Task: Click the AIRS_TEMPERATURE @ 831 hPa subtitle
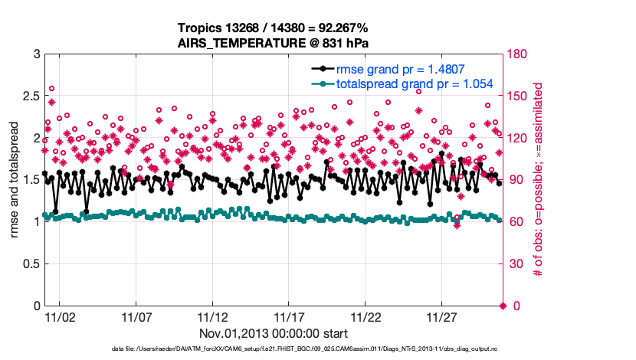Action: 273,43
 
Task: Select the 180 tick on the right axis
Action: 517,54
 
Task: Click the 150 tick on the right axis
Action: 517,97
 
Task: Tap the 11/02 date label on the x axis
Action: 59,317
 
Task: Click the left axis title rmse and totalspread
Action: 14,180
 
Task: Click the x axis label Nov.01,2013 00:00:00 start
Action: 273,333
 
